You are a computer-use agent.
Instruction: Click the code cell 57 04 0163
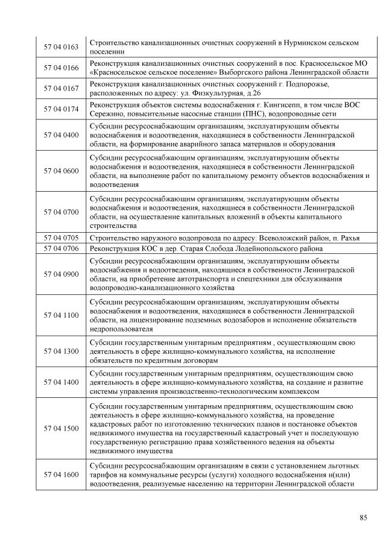coord(62,47)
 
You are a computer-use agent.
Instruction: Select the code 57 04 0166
coord(62,68)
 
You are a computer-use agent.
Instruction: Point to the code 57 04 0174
coord(62,109)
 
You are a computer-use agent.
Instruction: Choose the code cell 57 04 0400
coord(62,135)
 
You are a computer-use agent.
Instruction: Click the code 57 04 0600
coord(62,171)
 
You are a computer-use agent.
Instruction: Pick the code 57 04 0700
coord(62,212)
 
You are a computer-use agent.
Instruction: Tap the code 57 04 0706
coord(62,248)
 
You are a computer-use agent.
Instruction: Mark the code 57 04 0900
coord(62,274)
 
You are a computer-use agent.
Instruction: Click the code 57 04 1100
coord(62,315)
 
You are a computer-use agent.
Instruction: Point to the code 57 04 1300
coord(62,351)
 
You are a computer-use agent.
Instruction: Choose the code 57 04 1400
coord(62,382)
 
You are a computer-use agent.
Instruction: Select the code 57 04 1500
coord(62,429)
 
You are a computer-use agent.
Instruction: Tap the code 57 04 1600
coord(62,475)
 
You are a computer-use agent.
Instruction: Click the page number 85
coord(363,517)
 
